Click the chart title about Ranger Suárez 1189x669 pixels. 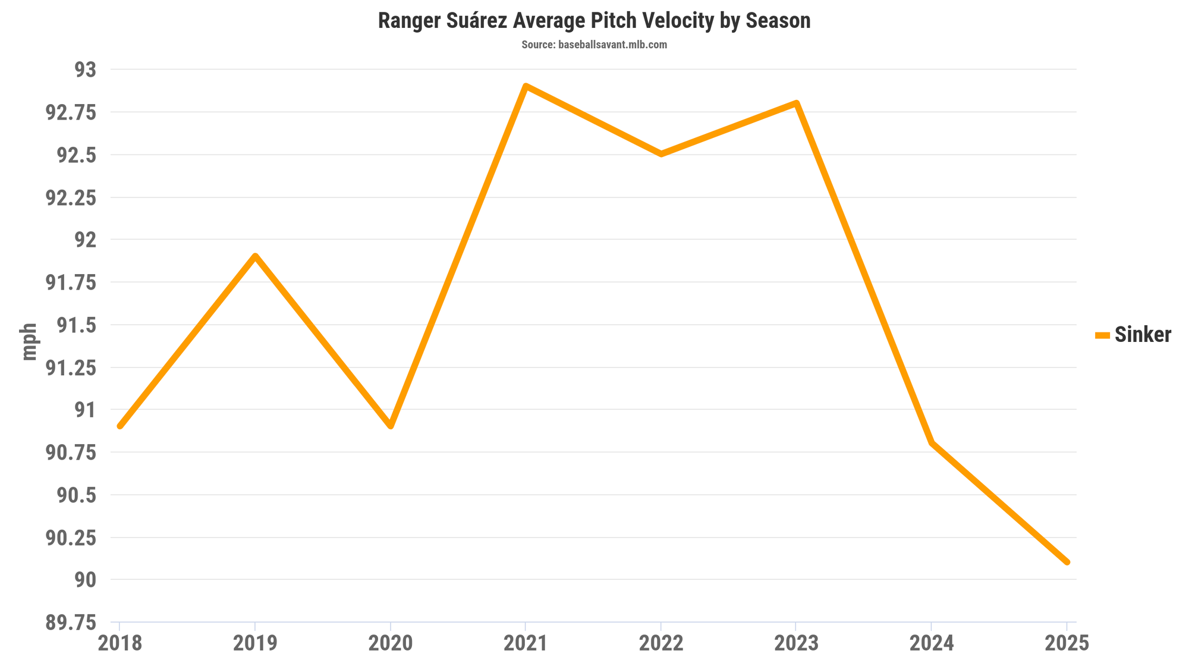(594, 21)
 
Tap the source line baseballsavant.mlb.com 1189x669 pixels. (594, 45)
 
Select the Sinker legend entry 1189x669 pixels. (1133, 335)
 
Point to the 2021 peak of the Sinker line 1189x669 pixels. (526, 86)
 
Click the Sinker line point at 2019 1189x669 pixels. (255, 256)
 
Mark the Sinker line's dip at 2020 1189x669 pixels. (391, 426)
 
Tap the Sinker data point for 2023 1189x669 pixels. (796, 103)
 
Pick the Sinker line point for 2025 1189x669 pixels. (1067, 562)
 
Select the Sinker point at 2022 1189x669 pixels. (660, 154)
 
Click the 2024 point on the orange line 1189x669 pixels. (932, 443)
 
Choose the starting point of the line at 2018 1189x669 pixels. (120, 426)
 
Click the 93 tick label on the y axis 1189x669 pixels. (84, 70)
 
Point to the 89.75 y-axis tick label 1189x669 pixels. (70, 623)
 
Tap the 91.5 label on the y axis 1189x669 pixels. (76, 325)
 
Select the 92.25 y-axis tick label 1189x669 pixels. (70, 198)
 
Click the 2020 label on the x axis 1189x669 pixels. (391, 643)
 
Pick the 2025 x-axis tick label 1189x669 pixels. (1067, 643)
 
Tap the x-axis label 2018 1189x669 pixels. (120, 643)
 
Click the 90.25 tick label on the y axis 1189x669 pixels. (70, 538)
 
